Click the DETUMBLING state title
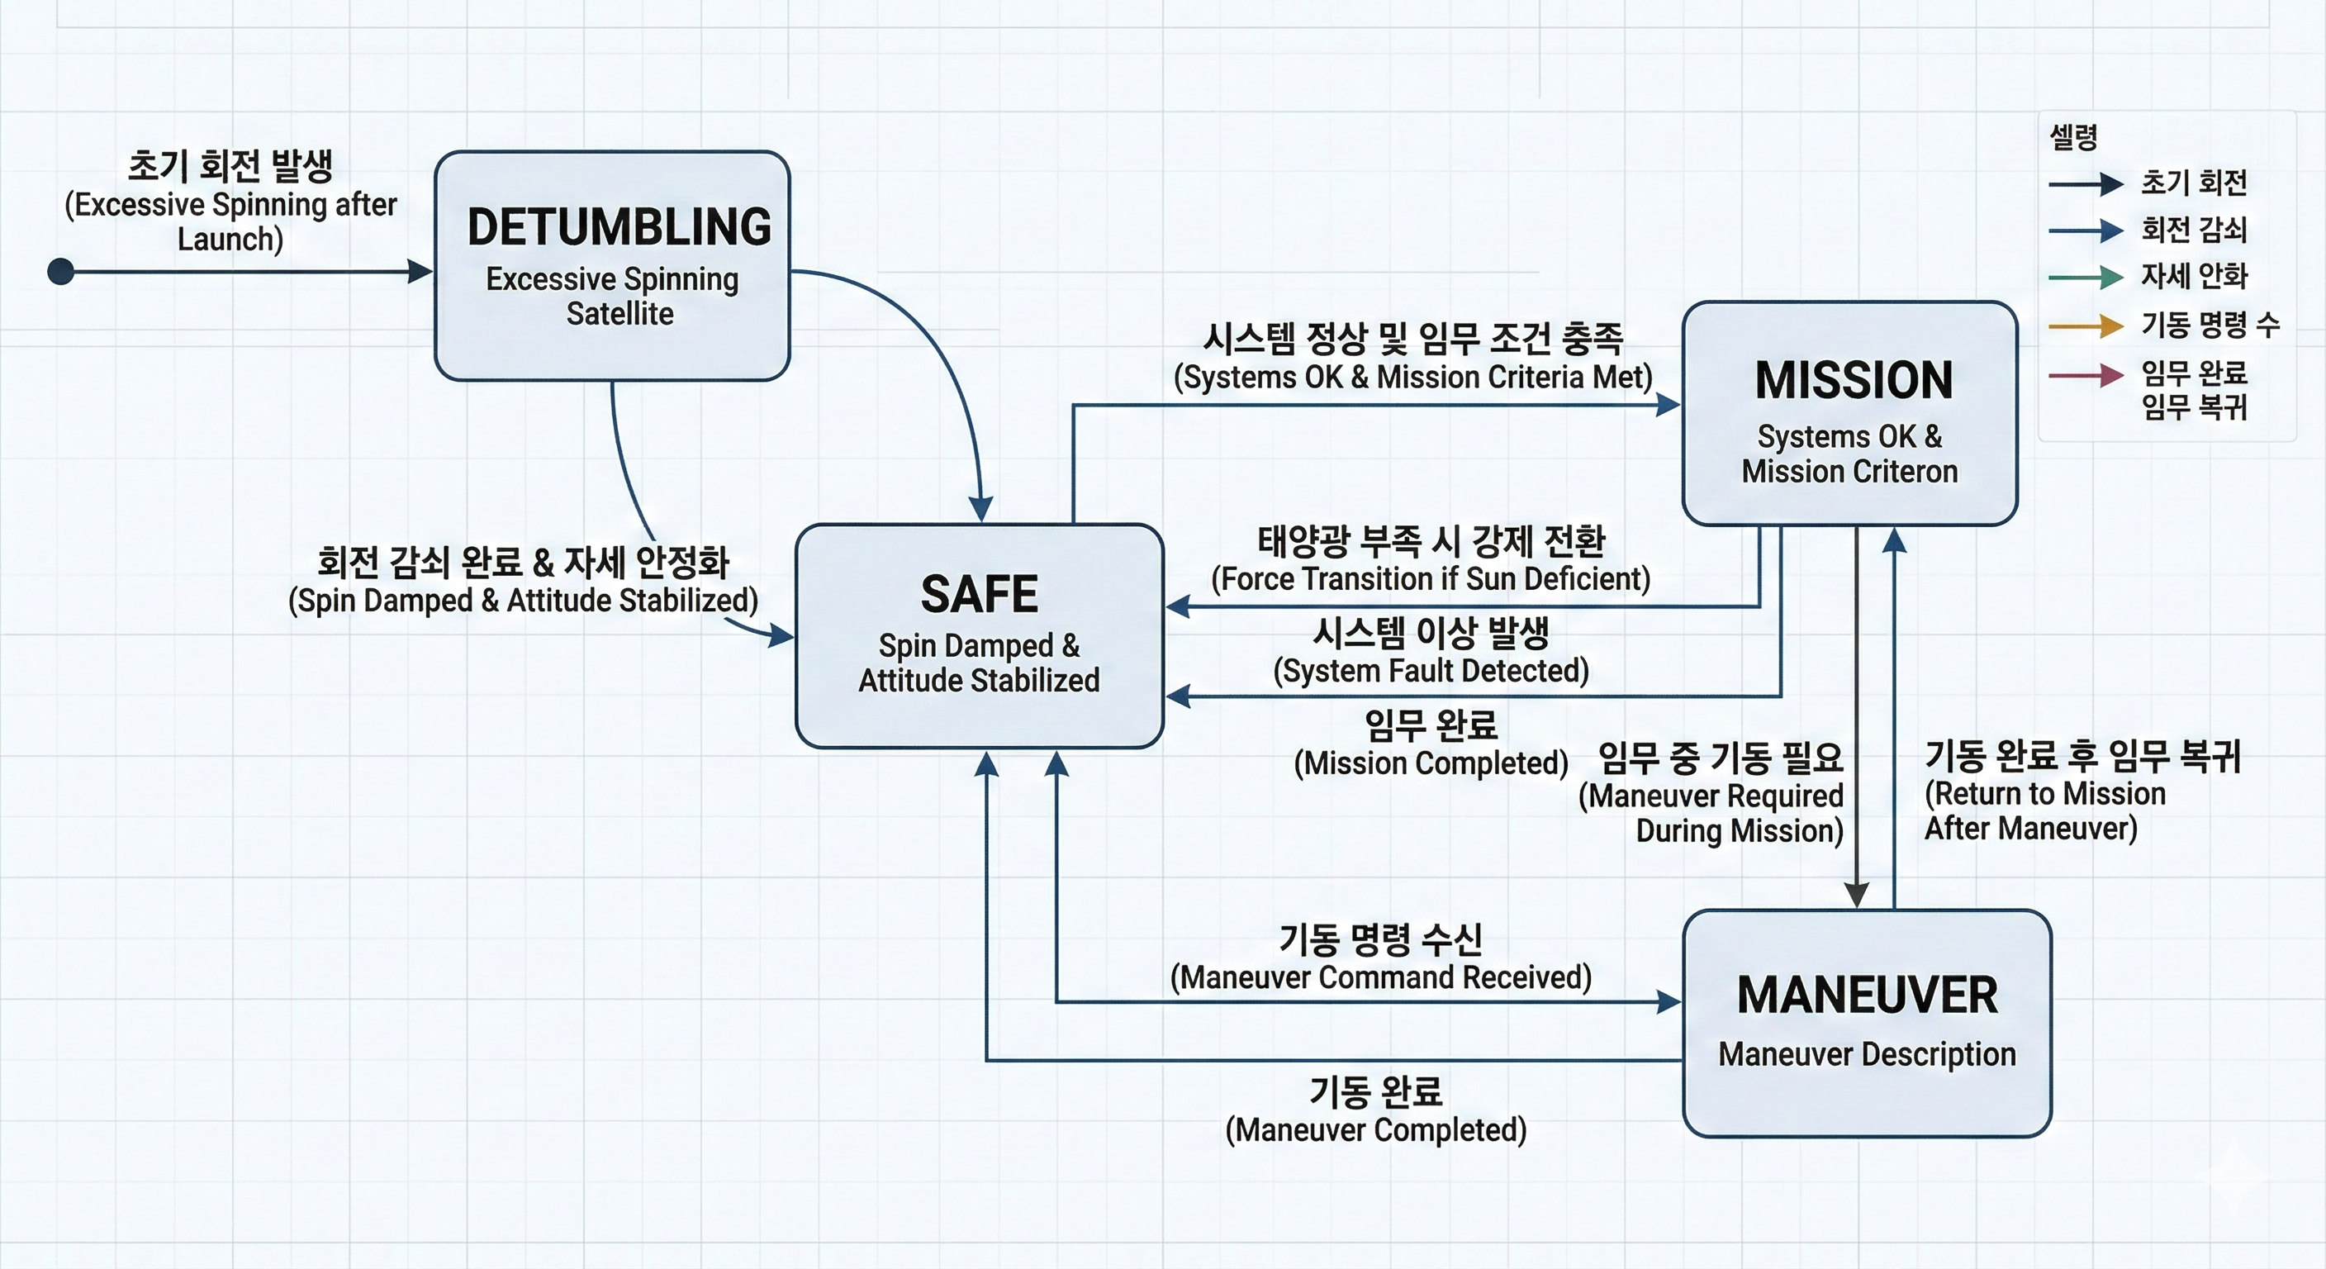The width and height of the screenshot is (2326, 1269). tap(619, 226)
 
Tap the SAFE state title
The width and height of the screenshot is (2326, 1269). tap(980, 594)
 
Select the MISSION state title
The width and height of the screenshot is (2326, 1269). tap(1854, 380)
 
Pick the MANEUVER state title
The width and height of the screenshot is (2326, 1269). tap(1868, 996)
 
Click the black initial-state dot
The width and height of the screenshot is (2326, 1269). tap(60, 271)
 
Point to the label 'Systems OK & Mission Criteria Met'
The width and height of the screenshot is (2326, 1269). tap(1412, 377)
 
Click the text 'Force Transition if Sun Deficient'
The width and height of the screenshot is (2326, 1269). tap(1431, 578)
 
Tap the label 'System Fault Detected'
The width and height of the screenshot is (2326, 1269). tap(1431, 670)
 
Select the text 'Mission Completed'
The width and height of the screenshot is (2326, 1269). tap(1431, 763)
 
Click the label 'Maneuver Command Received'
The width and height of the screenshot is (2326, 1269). tap(1380, 977)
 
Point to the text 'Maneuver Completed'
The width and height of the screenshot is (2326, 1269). tap(1375, 1130)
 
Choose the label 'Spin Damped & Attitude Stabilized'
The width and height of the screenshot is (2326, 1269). tap(523, 601)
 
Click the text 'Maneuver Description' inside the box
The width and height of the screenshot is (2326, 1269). tap(1868, 1054)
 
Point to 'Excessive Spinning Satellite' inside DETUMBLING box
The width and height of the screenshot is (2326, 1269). tap(614, 297)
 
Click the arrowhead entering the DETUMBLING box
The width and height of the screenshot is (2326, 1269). tap(420, 271)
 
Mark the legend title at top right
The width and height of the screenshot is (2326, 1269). tap(2073, 137)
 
